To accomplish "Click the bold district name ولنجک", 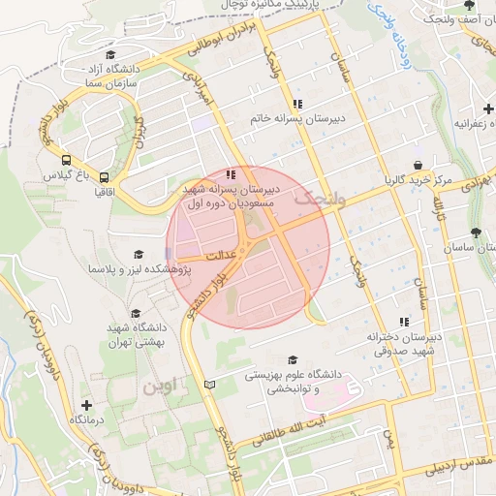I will pyautogui.click(x=309, y=198).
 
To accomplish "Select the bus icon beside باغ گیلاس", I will pyautogui.click(x=66, y=161).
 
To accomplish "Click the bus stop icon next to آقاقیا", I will pyautogui.click(x=104, y=177).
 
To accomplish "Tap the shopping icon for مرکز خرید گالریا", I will pyautogui.click(x=417, y=166).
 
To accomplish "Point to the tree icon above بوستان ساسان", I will pyautogui.click(x=475, y=232).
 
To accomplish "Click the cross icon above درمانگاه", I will pyautogui.click(x=86, y=405).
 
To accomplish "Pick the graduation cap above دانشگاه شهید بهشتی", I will pyautogui.click(x=136, y=314).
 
